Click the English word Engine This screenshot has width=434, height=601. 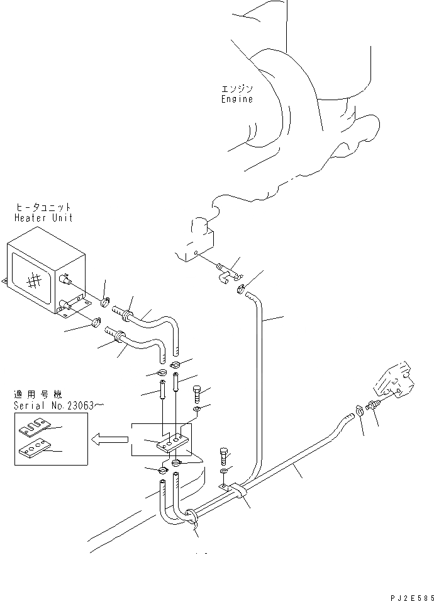click(237, 100)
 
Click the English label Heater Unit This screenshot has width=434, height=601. click(43, 218)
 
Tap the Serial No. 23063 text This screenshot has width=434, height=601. click(58, 406)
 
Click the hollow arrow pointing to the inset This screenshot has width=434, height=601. click(109, 439)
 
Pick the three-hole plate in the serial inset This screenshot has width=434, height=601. click(34, 449)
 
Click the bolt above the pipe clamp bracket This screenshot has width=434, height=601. click(225, 456)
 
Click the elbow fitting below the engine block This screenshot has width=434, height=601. click(227, 273)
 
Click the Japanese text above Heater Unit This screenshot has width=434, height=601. click(43, 207)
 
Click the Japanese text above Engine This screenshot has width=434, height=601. click(237, 89)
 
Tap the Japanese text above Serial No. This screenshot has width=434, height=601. click(38, 395)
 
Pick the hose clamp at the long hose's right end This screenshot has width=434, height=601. click(359, 409)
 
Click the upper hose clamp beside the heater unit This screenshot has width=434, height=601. click(106, 302)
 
